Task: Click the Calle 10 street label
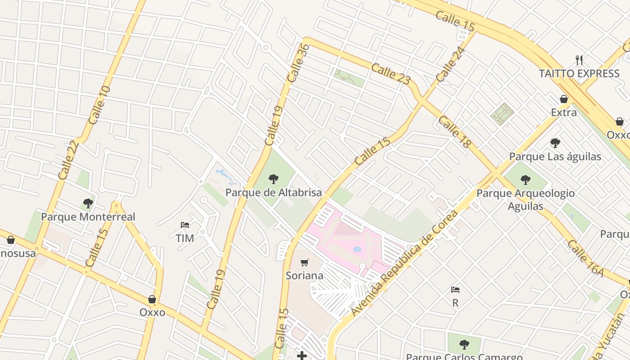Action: [99, 105]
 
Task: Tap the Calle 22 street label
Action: [68, 160]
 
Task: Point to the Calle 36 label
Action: [298, 63]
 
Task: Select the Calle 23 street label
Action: [391, 74]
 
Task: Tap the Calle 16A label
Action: [585, 257]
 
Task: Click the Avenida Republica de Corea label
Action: [404, 263]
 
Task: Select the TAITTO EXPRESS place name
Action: [579, 73]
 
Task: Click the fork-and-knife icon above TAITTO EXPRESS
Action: [579, 60]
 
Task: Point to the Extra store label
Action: [564, 112]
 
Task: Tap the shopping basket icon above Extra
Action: [564, 99]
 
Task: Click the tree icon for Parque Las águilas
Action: [555, 143]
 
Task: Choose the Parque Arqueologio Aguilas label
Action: [525, 199]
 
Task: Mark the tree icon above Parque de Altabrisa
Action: [273, 179]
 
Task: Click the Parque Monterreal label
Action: [88, 217]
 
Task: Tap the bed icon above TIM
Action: [184, 225]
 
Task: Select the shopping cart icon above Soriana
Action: [305, 262]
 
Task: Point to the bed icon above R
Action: [455, 289]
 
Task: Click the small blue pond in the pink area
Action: [357, 249]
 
